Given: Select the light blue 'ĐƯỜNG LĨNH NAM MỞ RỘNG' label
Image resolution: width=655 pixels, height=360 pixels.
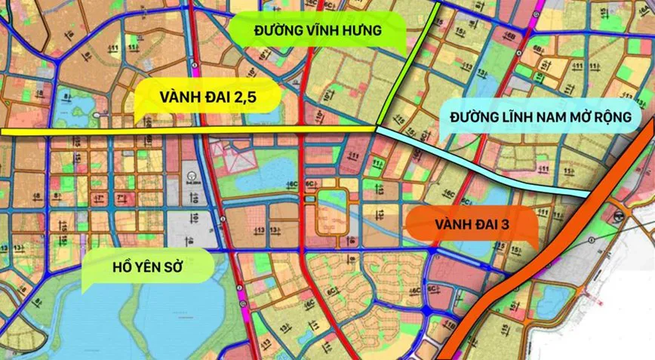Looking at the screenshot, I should point(540,118).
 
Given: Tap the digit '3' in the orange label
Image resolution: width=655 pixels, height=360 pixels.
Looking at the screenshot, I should point(521,224).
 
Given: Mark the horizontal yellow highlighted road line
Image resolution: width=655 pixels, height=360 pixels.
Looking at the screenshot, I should point(75,131).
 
